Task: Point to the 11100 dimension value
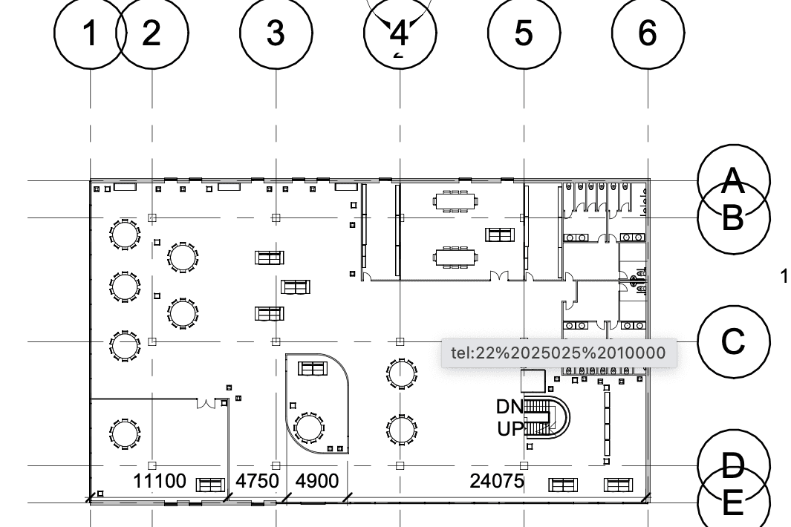pyautogui.click(x=160, y=481)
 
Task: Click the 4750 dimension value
pyautogui.click(x=257, y=481)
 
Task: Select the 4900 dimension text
pyautogui.click(x=317, y=481)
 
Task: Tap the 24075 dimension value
pyautogui.click(x=497, y=481)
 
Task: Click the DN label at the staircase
pyautogui.click(x=510, y=407)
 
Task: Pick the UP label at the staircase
pyautogui.click(x=510, y=429)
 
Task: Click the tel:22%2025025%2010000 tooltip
pyautogui.click(x=559, y=353)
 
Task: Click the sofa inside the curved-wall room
pyautogui.click(x=313, y=368)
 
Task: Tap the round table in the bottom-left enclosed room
pyautogui.click(x=124, y=433)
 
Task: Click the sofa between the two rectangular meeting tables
pyautogui.click(x=500, y=235)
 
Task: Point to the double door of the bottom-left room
pyautogui.click(x=206, y=403)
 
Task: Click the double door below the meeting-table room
pyautogui.click(x=499, y=276)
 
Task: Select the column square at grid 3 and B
pyautogui.click(x=276, y=218)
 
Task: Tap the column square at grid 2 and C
pyautogui.click(x=152, y=341)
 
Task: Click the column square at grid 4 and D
pyautogui.click(x=400, y=465)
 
